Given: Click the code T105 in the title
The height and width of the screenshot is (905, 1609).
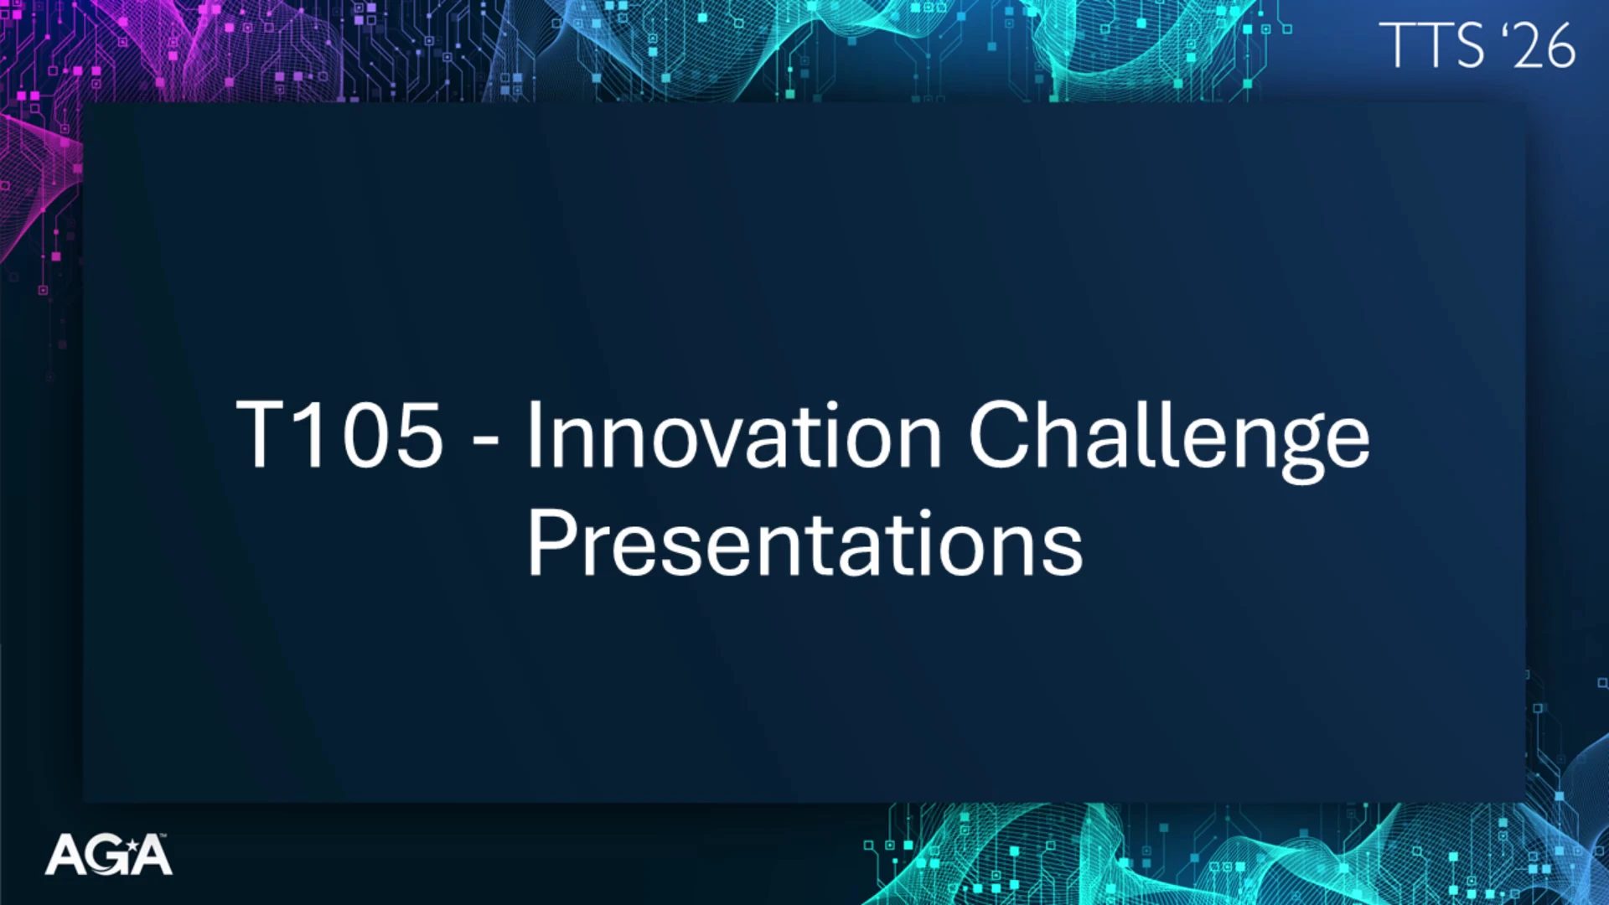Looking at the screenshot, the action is coord(339,434).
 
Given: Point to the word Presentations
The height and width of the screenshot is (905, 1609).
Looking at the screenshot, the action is coord(805,542).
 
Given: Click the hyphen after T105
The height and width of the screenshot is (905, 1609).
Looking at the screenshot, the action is coord(486,438).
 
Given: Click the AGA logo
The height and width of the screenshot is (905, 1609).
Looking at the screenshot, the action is coord(109,855).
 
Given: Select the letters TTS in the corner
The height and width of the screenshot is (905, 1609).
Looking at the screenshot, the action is coord(1432,45).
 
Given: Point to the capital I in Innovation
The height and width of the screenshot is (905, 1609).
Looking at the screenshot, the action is coord(533,434).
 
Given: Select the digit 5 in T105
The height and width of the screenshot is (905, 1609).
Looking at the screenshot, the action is coord(419,435).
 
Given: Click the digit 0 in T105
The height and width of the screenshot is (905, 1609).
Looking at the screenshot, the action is coord(366,434).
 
